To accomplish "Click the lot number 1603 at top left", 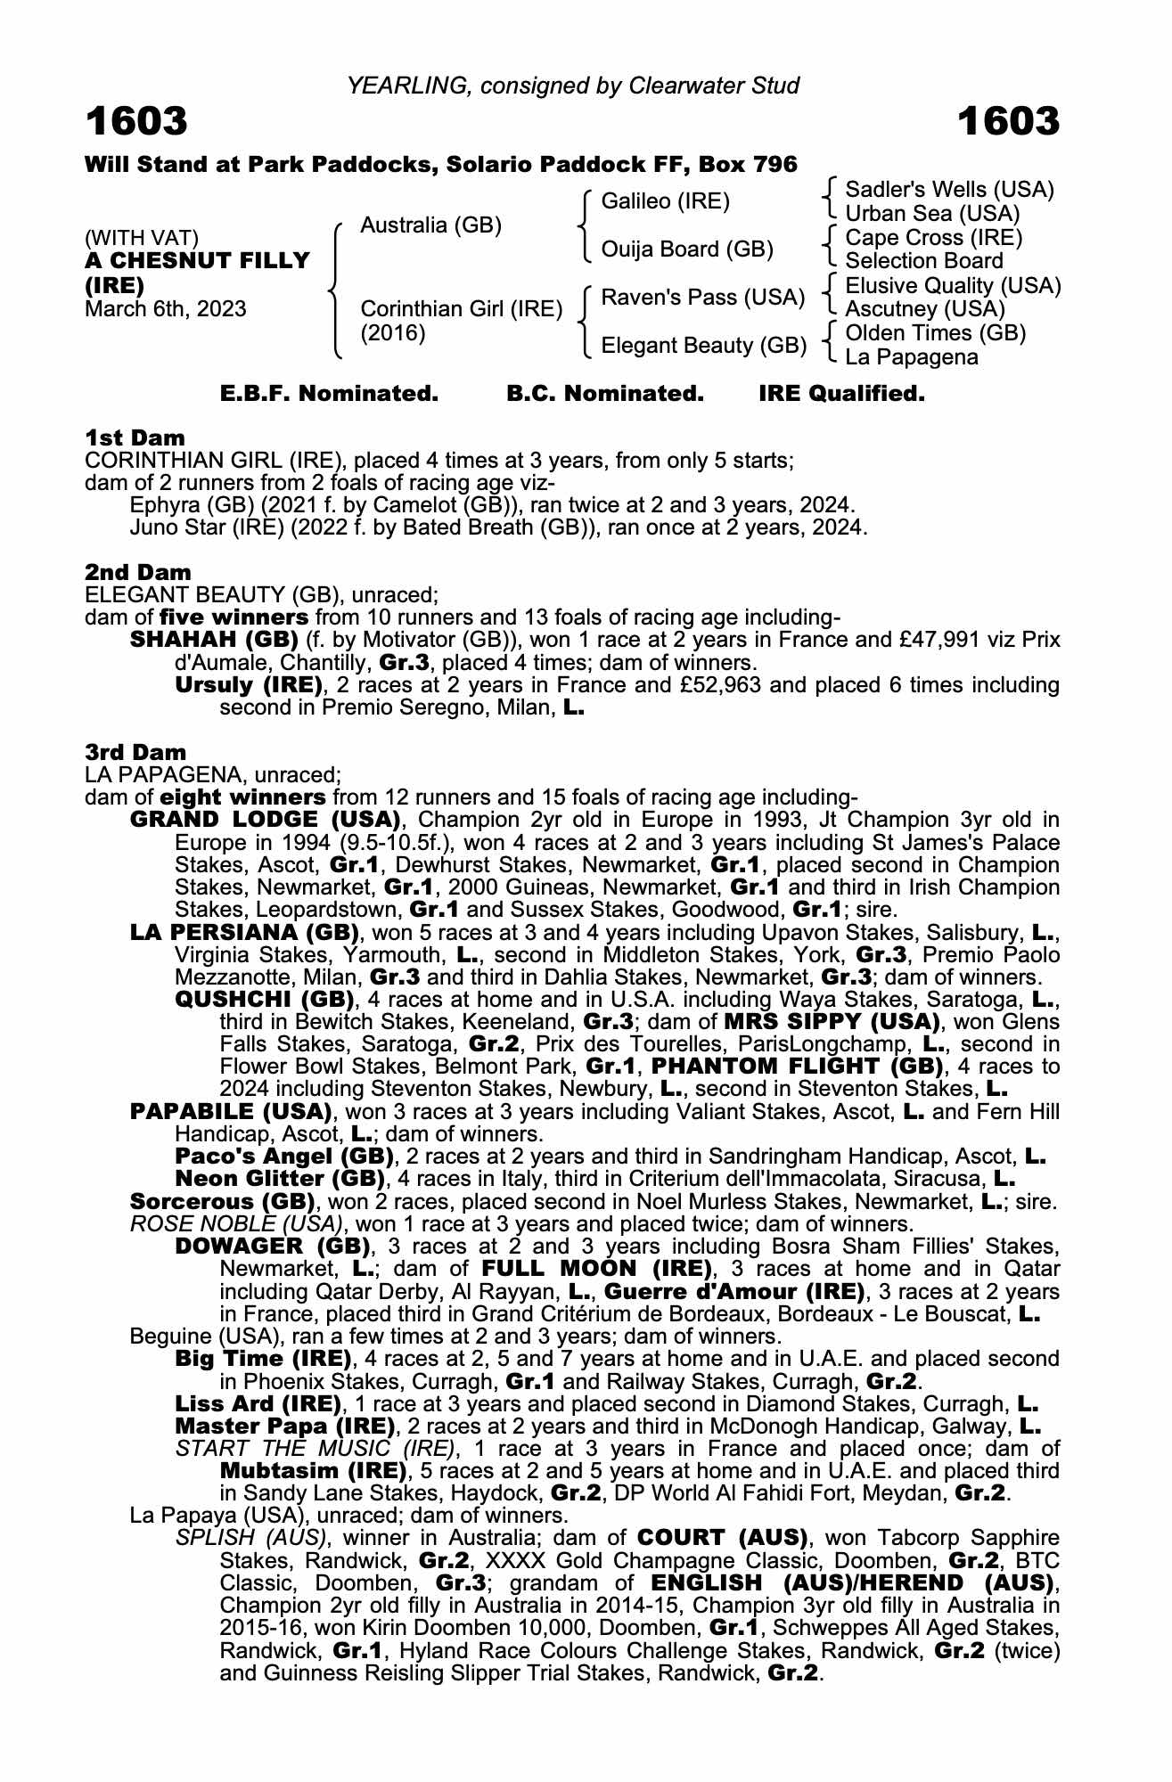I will tap(136, 121).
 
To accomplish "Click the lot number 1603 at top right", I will tap(1009, 121).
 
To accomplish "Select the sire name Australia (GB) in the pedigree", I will tap(430, 225).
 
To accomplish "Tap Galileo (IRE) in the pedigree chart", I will tap(665, 201).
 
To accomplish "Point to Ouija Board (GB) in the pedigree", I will tap(686, 249).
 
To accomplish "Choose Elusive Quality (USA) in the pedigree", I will tap(953, 286).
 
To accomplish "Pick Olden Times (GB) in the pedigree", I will tap(935, 333).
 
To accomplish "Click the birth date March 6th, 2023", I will tap(165, 309).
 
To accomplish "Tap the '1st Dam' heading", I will tap(135, 437).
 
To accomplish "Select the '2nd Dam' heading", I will tap(138, 572).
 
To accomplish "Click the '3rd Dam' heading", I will tap(136, 752).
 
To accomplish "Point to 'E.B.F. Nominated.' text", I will tap(329, 394).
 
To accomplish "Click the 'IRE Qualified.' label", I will tap(841, 394).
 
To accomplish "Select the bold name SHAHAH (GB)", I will tap(214, 640).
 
